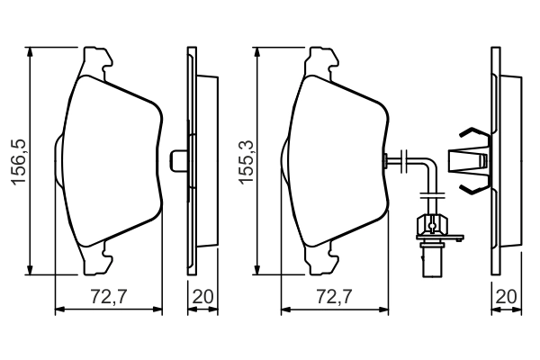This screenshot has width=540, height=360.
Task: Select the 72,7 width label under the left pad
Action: pos(109,295)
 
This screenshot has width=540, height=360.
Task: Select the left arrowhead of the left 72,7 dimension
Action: pos(59,311)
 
